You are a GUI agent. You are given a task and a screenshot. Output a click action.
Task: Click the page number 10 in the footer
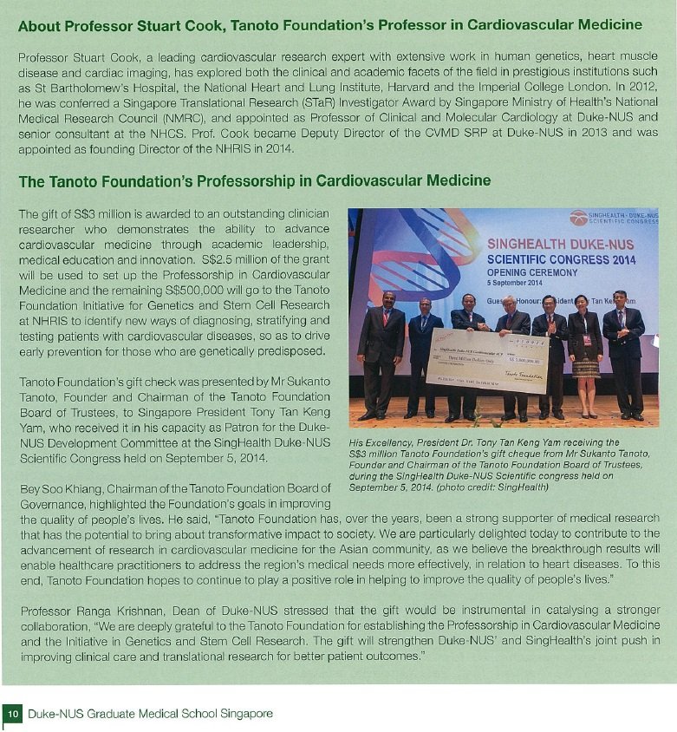click(13, 714)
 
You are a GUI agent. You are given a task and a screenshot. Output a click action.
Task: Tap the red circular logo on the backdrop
click(578, 217)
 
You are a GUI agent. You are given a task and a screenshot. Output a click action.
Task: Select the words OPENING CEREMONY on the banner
click(529, 271)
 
